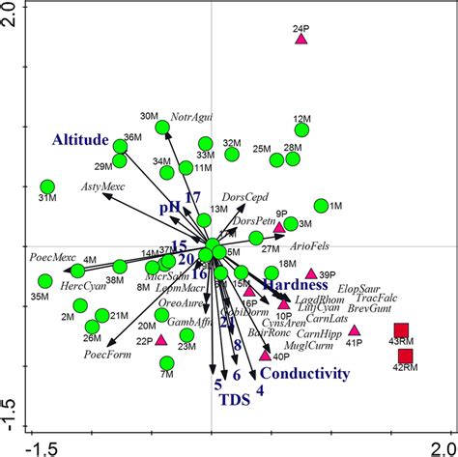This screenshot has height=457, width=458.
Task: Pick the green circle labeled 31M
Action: (x=47, y=186)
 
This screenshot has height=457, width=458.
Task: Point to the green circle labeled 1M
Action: (x=321, y=206)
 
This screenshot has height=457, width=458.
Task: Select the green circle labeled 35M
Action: (x=44, y=281)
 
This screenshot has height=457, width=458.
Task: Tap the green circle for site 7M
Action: (x=167, y=363)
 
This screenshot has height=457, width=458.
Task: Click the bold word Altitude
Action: (x=73, y=140)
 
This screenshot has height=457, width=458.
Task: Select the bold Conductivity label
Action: (x=304, y=373)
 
